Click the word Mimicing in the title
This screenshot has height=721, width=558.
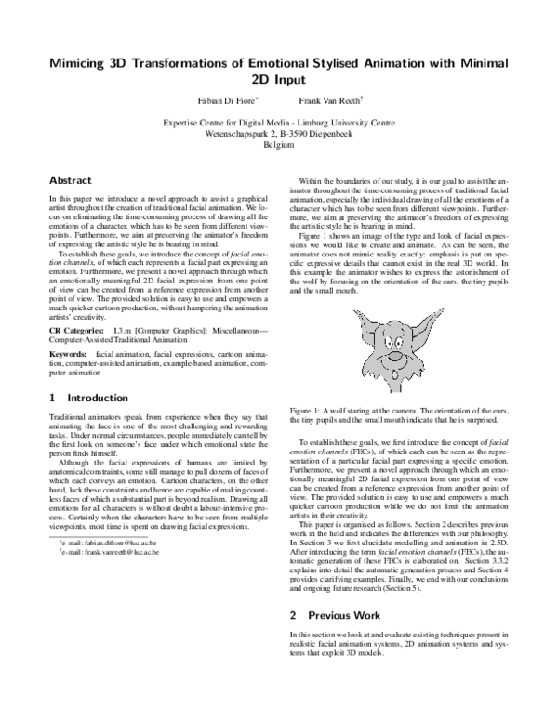tap(83, 62)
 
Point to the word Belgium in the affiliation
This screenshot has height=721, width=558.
tap(279, 146)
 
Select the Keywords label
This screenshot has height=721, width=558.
tap(68, 329)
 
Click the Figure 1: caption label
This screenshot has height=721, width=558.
tap(307, 409)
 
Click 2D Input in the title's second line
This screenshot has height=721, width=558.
tap(279, 80)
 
